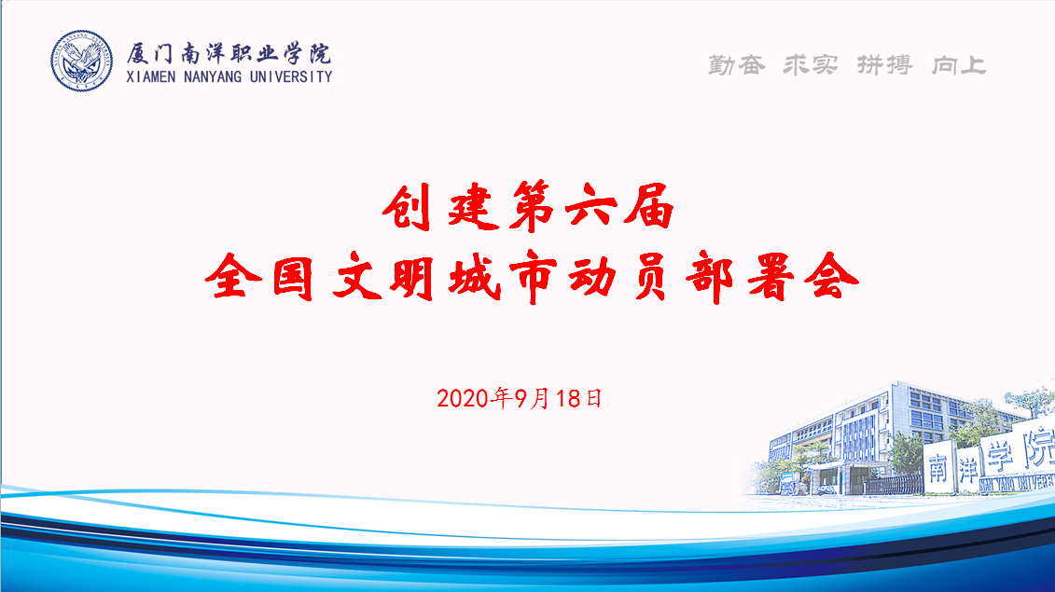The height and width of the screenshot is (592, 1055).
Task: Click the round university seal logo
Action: click(81, 61)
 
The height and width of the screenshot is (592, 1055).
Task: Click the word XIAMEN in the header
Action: click(151, 76)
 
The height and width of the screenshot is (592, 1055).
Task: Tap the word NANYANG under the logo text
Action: click(213, 76)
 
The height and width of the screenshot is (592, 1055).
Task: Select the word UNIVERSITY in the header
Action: click(291, 76)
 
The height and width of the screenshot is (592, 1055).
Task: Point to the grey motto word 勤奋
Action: click(737, 64)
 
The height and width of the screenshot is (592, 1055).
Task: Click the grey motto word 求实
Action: click(811, 64)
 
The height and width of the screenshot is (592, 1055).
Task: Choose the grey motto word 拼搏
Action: click(885, 64)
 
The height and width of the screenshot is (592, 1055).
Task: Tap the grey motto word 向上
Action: click(959, 64)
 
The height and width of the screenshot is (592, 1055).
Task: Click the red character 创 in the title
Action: click(408, 207)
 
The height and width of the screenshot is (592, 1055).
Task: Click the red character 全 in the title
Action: click(233, 277)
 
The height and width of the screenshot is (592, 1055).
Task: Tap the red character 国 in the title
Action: click(293, 277)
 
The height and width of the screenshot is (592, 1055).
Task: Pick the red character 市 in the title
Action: click(534, 277)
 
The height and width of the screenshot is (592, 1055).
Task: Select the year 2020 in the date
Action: click(463, 399)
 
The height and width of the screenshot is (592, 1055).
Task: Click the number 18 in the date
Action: click(568, 399)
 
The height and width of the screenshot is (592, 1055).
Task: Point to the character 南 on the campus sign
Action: click(937, 468)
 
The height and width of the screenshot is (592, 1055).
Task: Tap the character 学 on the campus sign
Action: click(1000, 456)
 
